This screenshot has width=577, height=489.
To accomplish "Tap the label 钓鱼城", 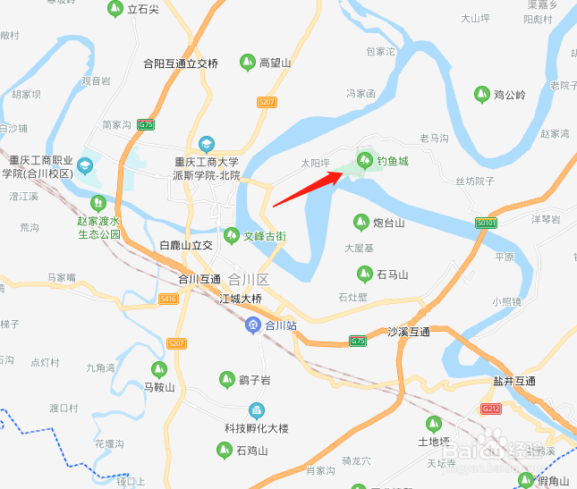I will pos(392,161).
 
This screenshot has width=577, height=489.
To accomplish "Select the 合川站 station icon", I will pos(254,325).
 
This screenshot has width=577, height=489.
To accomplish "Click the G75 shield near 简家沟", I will pos(147,124).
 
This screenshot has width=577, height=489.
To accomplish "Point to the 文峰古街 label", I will pos(266,237).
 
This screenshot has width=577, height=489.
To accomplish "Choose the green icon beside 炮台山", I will pos(361,222).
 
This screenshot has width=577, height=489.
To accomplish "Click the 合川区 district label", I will pos(250,279).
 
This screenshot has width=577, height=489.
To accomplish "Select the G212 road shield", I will pos(490,409).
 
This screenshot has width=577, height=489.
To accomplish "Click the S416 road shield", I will pos(168,299).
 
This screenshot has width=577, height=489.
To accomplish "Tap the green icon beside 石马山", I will pos(364,274).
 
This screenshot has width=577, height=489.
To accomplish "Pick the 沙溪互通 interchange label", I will pos(409,332).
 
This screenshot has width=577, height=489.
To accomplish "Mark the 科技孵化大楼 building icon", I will pos(257,411).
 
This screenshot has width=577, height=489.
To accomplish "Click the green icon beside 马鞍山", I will pos(158,368).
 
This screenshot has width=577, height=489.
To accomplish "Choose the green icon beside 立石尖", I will pos(115,9).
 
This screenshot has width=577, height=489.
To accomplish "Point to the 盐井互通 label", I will pos(514,382).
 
